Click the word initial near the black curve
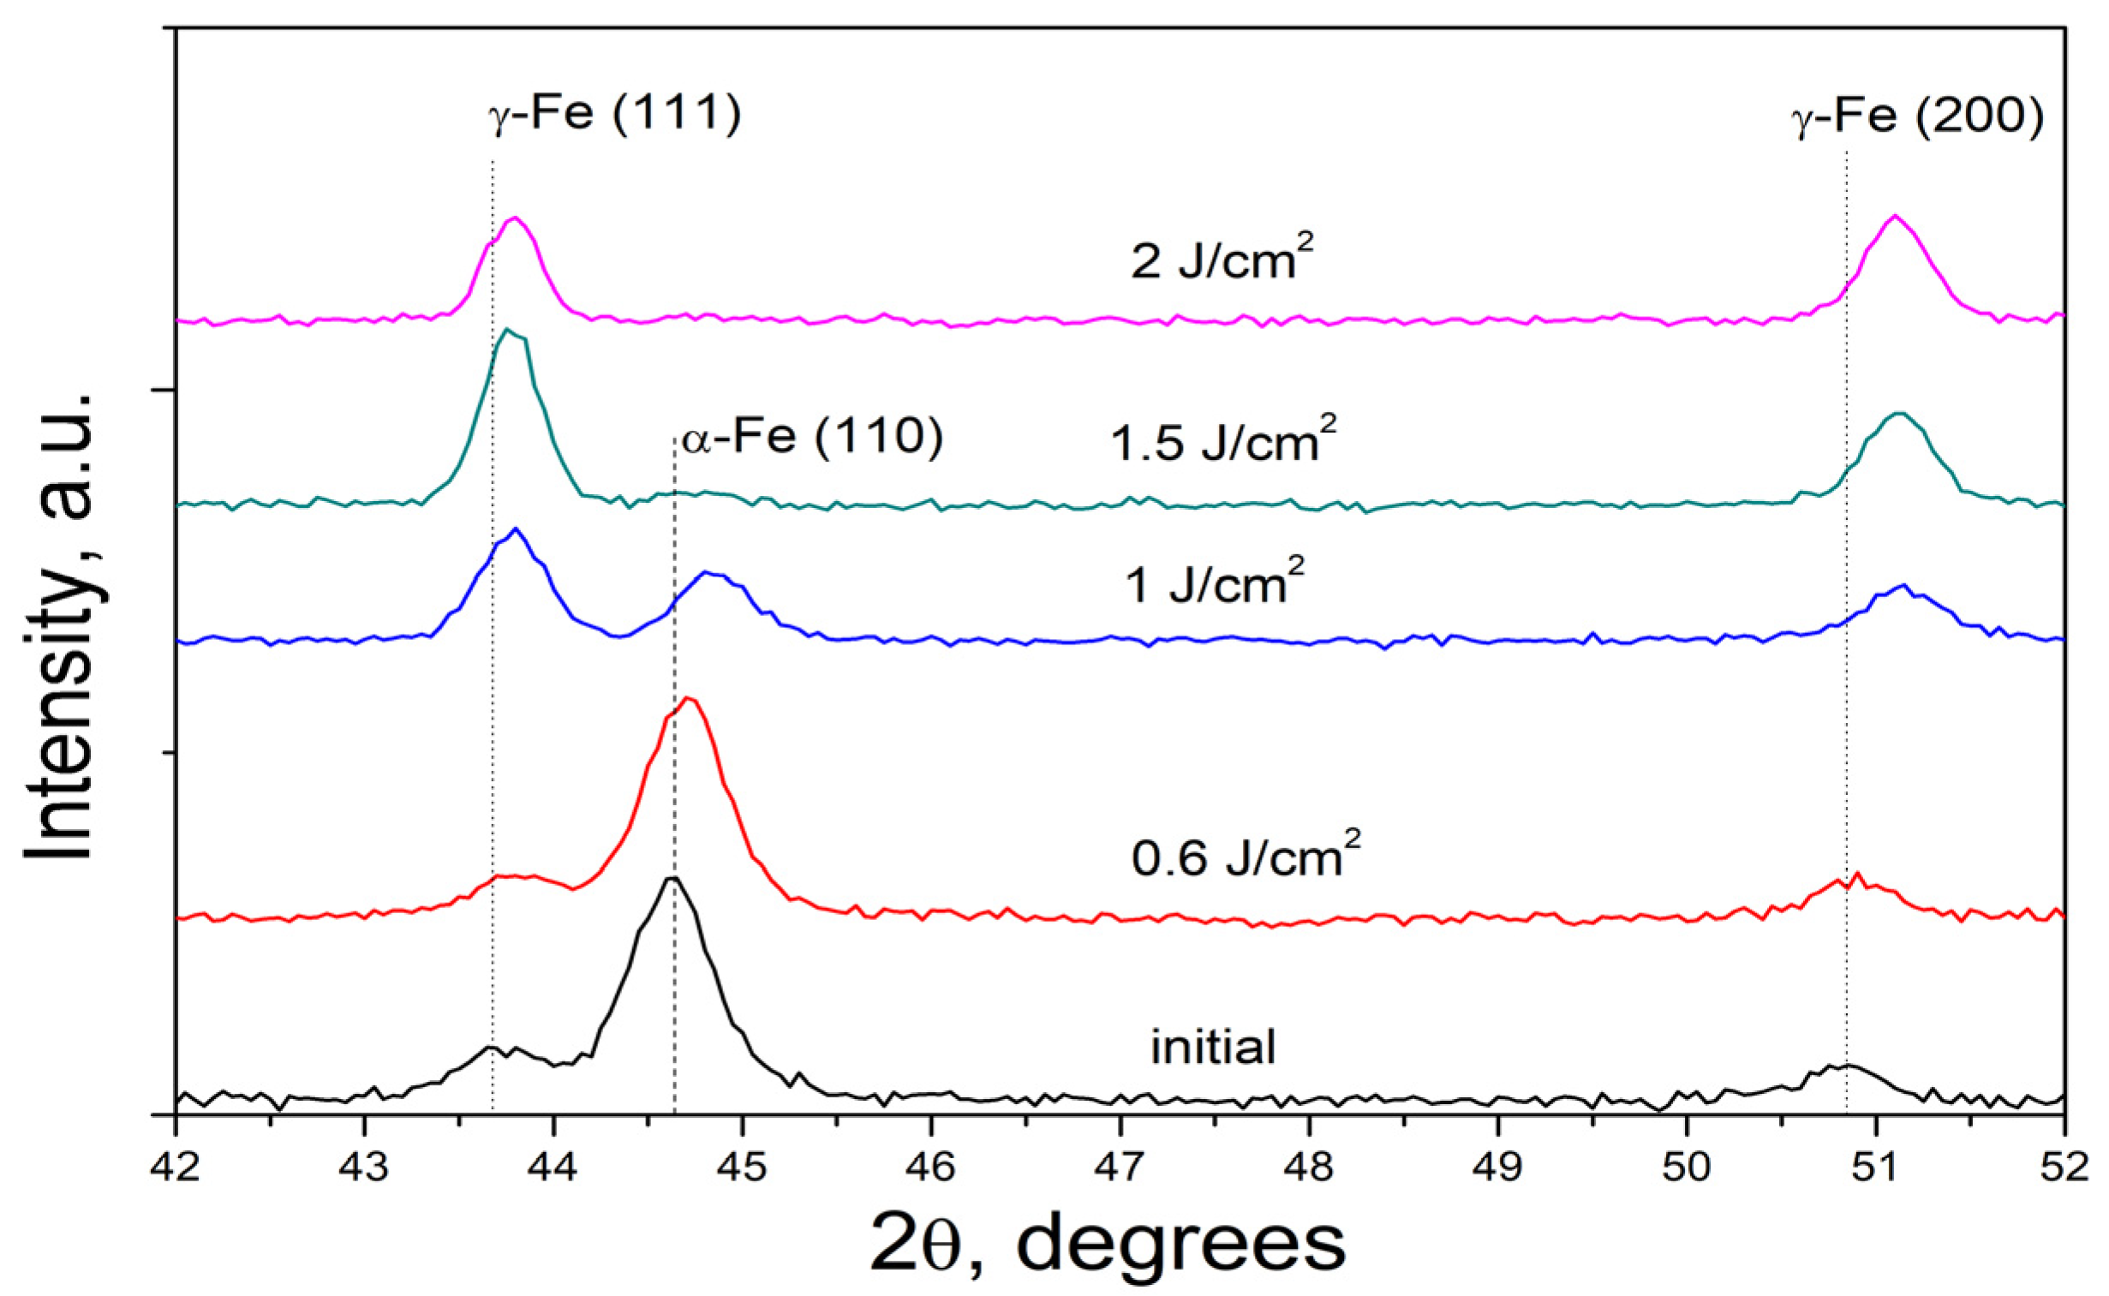pyautogui.click(x=1213, y=1048)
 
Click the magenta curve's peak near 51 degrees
pyautogui.click(x=1895, y=216)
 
